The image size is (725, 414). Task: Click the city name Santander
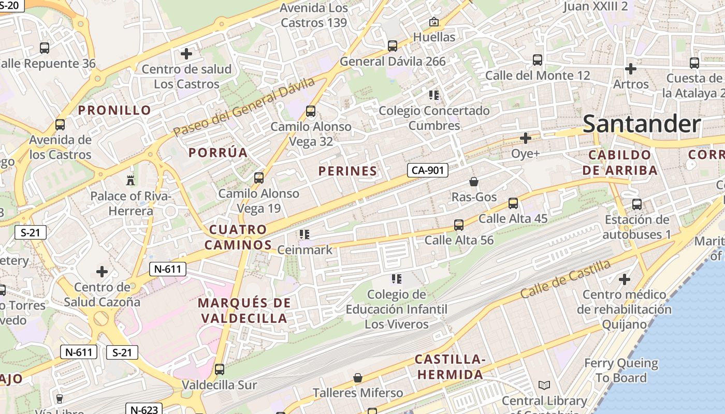[642, 124]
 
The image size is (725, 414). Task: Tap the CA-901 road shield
[427, 170]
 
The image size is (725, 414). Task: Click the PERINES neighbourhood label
[347, 171]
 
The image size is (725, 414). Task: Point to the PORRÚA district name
[218, 153]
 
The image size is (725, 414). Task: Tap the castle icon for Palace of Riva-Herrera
[130, 180]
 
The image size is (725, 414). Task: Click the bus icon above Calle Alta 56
[459, 225]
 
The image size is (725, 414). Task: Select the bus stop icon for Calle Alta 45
[513, 203]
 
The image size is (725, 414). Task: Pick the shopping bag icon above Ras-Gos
[473, 181]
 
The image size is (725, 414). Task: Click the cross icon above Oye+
[526, 138]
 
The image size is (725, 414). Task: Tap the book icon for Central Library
[544, 385]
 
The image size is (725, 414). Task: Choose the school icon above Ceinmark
[304, 234]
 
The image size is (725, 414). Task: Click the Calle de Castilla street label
[565, 279]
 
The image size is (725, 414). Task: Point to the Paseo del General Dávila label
[244, 107]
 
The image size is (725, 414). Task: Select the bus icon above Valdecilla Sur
[220, 369]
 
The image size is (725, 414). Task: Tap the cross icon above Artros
[630, 68]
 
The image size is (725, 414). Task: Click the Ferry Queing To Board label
[621, 371]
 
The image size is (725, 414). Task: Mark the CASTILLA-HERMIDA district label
[450, 367]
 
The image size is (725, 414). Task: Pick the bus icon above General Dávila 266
[393, 46]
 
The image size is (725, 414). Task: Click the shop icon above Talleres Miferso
[357, 378]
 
